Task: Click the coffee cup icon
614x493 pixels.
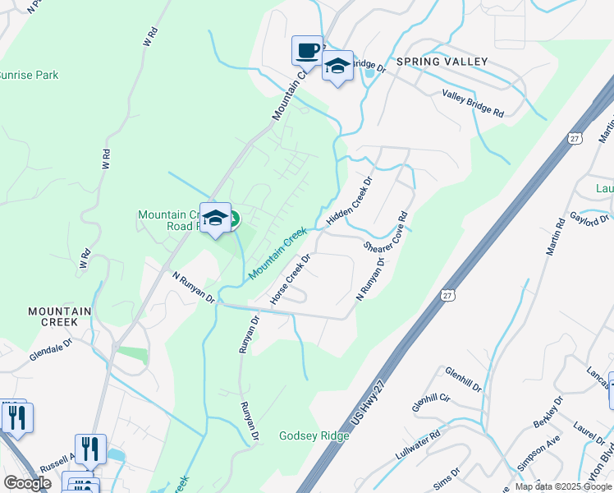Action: click(x=307, y=51)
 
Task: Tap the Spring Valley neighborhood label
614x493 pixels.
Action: click(x=442, y=62)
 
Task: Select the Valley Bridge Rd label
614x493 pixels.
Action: click(x=473, y=104)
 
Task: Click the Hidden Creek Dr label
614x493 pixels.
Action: click(x=350, y=200)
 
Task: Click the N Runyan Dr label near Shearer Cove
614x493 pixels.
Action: click(x=370, y=279)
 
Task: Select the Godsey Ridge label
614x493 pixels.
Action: click(x=314, y=435)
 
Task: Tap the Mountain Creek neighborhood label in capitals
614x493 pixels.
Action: click(x=65, y=316)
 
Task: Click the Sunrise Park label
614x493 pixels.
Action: click(x=28, y=76)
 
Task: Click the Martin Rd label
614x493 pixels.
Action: click(x=555, y=235)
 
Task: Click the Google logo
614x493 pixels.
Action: click(x=27, y=483)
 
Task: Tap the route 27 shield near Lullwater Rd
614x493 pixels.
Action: click(x=447, y=294)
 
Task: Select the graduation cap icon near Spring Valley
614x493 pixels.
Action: click(x=337, y=66)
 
